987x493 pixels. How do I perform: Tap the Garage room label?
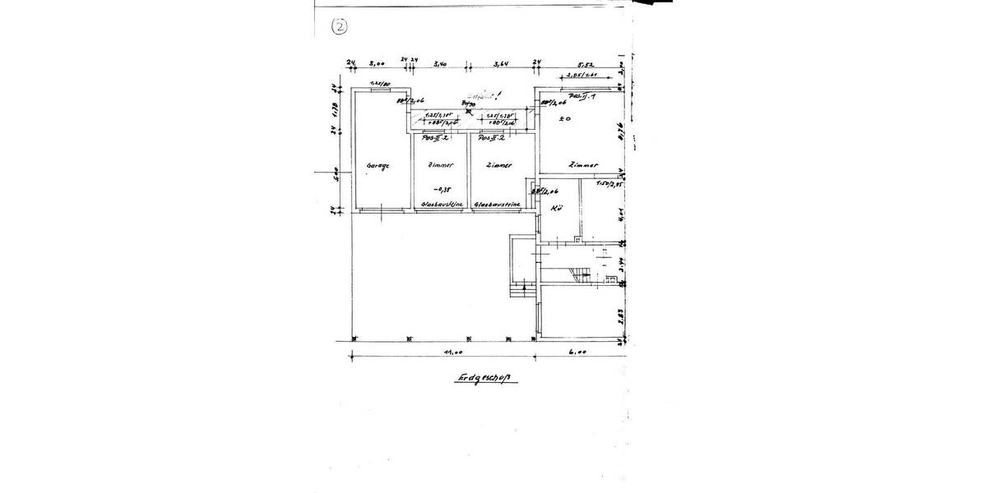click(x=378, y=165)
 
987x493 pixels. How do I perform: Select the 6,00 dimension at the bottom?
click(x=577, y=352)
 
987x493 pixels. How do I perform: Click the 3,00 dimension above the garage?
click(x=378, y=62)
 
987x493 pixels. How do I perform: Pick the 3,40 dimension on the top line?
click(x=439, y=62)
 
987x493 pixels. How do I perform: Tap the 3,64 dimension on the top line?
click(x=502, y=62)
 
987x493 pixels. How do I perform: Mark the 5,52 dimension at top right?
click(x=586, y=62)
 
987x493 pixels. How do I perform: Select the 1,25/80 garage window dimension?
click(x=378, y=84)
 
